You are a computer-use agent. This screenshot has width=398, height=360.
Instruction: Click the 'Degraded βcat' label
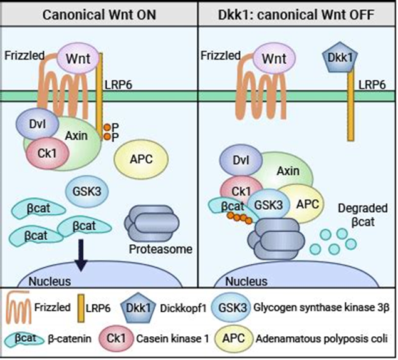click(365, 215)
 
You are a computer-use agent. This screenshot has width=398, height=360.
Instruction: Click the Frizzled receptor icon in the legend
click(21, 309)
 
